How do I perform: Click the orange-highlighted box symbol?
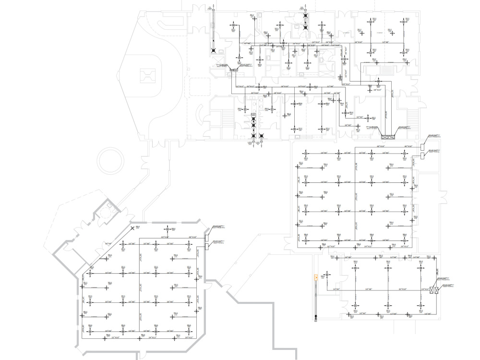point(315,277)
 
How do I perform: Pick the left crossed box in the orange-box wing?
point(432,290)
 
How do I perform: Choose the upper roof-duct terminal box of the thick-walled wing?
point(207,239)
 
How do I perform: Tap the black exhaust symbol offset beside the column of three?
point(261,136)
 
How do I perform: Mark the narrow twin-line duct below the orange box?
point(315,298)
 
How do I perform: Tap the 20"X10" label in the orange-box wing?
point(402,289)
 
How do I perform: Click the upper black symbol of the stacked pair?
point(305,15)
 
